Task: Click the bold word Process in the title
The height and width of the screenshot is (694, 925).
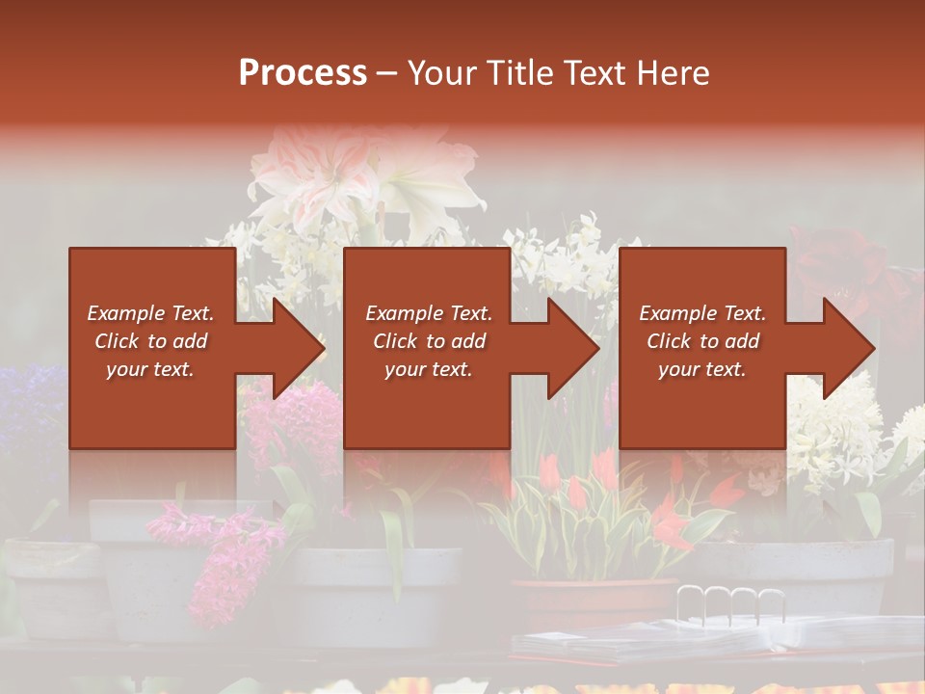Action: (x=303, y=73)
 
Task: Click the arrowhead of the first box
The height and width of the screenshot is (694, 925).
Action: (x=299, y=348)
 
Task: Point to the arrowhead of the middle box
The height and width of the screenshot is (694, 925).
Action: (x=573, y=348)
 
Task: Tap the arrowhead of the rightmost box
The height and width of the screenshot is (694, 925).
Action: (x=849, y=348)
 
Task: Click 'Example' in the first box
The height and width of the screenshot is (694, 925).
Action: (x=126, y=313)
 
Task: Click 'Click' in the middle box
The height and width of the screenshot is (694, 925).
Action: (x=395, y=341)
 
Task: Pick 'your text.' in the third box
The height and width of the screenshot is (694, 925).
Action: (x=701, y=369)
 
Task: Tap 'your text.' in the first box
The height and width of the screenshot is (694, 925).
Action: (x=150, y=369)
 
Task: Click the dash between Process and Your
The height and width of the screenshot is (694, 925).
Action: (x=386, y=73)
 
